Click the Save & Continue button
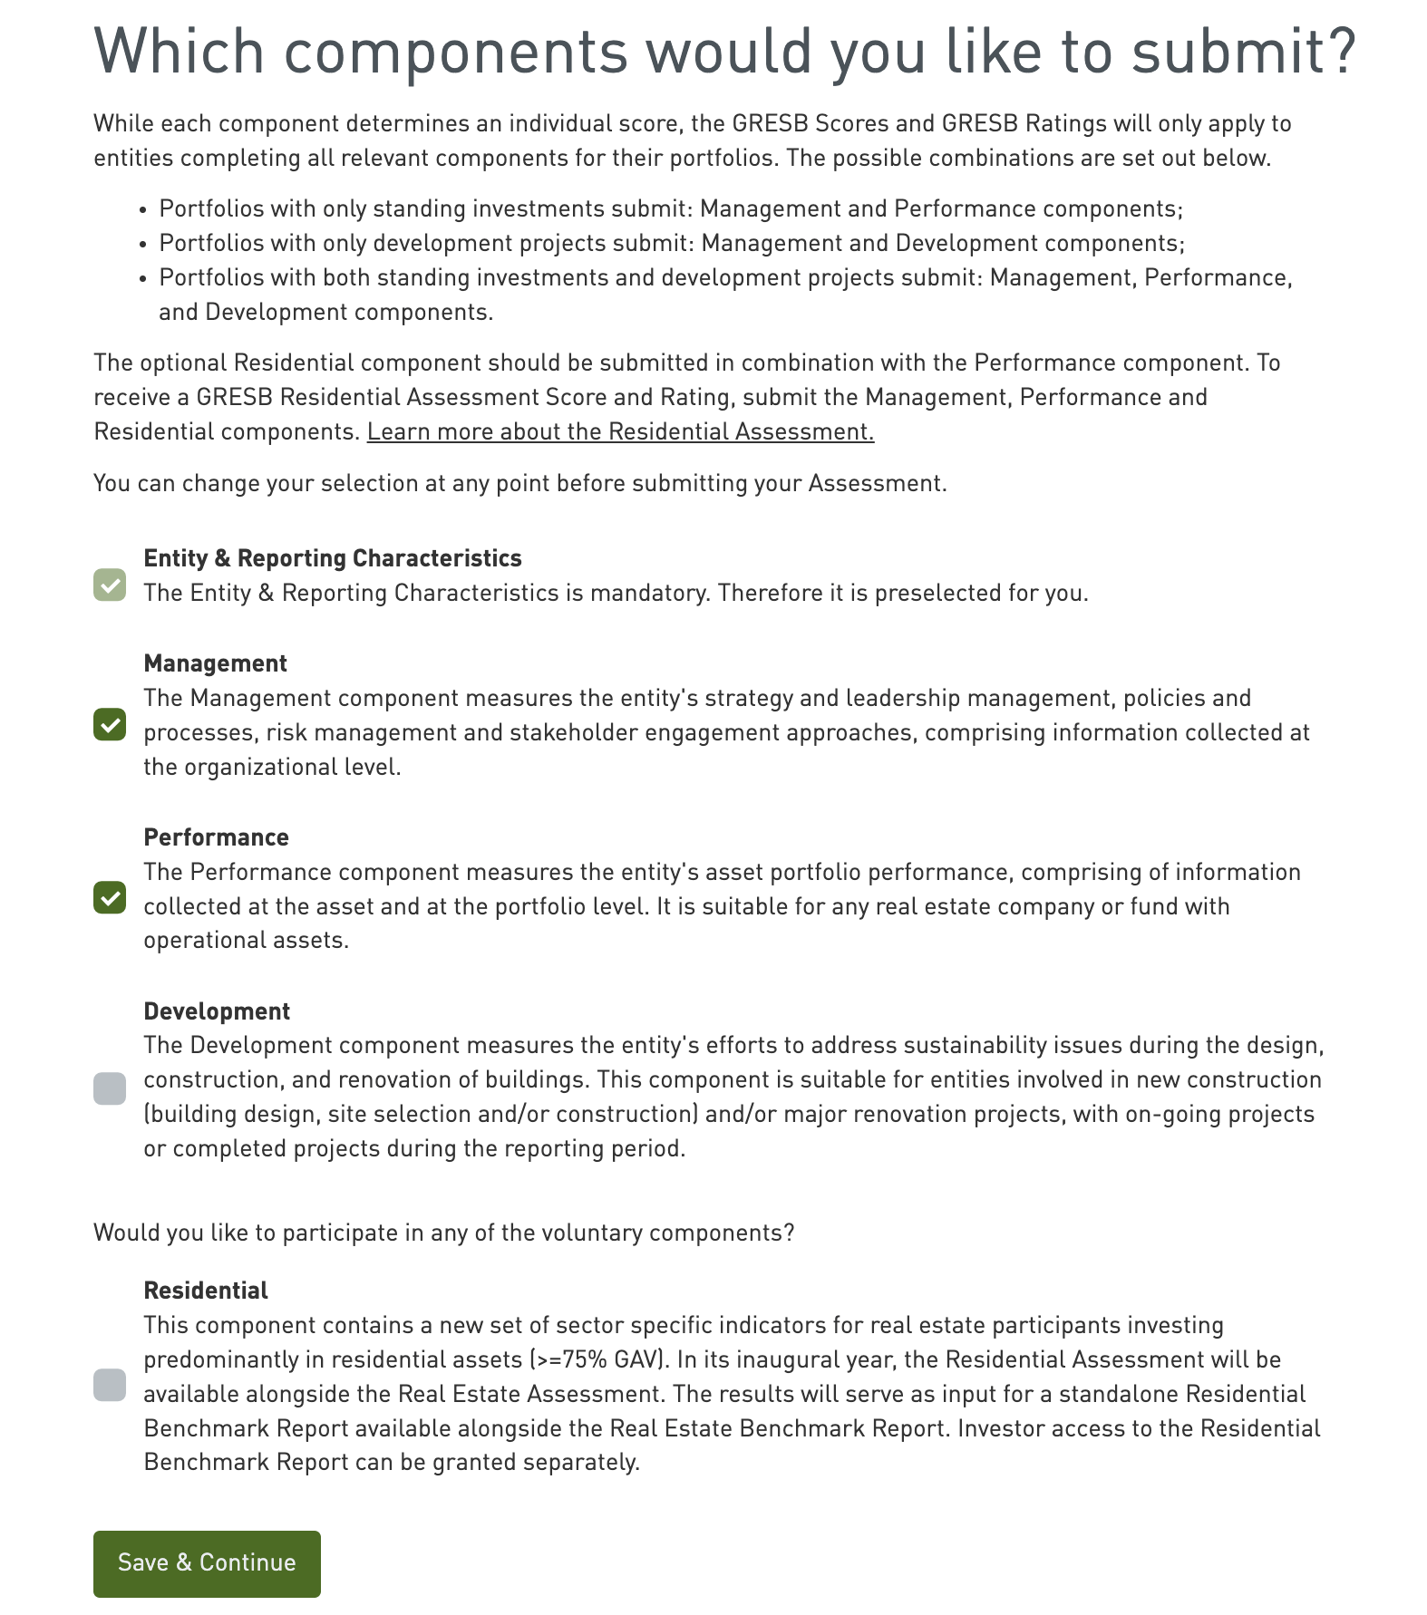(x=207, y=1563)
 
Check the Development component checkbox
(x=110, y=1088)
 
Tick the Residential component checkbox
(x=110, y=1385)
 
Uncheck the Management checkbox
(x=110, y=725)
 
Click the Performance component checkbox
(x=110, y=898)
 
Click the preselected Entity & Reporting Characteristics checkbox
(x=110, y=585)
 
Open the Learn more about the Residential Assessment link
(x=620, y=432)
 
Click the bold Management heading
(x=215, y=664)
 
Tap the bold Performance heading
(x=216, y=838)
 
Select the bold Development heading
(x=217, y=1012)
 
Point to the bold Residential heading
(x=206, y=1291)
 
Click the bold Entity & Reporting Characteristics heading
(x=333, y=559)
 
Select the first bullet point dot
(x=143, y=210)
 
